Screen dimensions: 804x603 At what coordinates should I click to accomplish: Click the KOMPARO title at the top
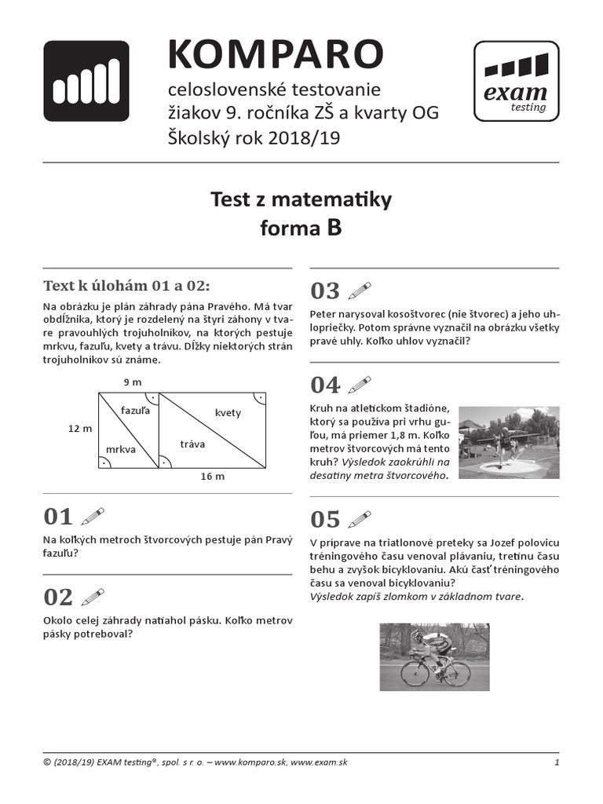tap(276, 54)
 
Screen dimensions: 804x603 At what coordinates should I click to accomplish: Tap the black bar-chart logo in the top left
tap(86, 81)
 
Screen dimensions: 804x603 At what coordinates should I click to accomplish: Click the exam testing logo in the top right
tap(516, 82)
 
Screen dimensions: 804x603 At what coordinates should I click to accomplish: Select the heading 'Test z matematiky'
tap(301, 200)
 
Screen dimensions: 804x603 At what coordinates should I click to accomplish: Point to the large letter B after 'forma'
tap(334, 228)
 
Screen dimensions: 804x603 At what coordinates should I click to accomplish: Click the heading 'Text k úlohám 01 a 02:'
tap(126, 284)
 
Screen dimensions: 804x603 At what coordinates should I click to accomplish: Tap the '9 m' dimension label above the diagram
tap(133, 382)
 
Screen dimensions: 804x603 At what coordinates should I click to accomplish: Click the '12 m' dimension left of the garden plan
tap(80, 428)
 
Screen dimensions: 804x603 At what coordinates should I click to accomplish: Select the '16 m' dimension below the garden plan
tap(212, 477)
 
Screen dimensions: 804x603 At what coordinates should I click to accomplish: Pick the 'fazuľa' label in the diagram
tap(136, 410)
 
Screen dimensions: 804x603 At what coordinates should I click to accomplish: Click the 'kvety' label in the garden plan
tap(228, 413)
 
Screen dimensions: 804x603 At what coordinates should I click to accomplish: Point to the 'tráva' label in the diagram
tap(192, 444)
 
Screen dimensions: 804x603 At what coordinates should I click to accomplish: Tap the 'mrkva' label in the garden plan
tap(121, 449)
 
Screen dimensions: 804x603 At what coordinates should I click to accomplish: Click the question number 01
tap(58, 517)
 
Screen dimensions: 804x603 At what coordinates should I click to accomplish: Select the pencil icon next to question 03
tap(359, 291)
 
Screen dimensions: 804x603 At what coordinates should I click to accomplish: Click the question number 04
tap(325, 385)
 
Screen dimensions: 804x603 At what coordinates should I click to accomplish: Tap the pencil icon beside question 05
tap(359, 519)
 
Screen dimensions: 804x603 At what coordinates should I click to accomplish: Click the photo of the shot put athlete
tap(509, 442)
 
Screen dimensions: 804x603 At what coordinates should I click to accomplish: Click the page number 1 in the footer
tap(556, 762)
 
